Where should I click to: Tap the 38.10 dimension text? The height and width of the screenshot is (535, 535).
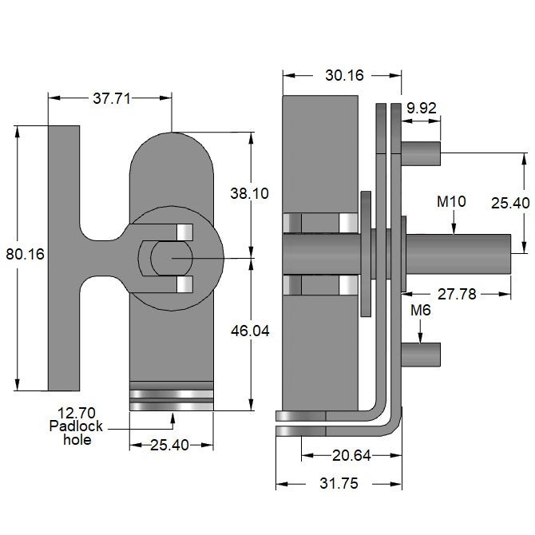248,193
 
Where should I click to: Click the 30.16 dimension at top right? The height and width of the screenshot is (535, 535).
344,76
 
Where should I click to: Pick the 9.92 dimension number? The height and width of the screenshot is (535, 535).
422,108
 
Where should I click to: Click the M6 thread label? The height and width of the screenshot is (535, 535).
421,309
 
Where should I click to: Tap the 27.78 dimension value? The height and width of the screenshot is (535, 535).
458,295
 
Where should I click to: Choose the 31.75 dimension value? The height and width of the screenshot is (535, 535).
339,485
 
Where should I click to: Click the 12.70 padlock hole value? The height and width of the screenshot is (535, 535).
73,413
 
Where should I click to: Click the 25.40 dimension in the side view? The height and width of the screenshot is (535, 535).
510,204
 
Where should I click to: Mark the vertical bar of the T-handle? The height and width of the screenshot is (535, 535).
64,258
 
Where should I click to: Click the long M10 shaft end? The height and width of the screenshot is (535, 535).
479,255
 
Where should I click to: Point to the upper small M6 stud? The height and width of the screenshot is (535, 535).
422,153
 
